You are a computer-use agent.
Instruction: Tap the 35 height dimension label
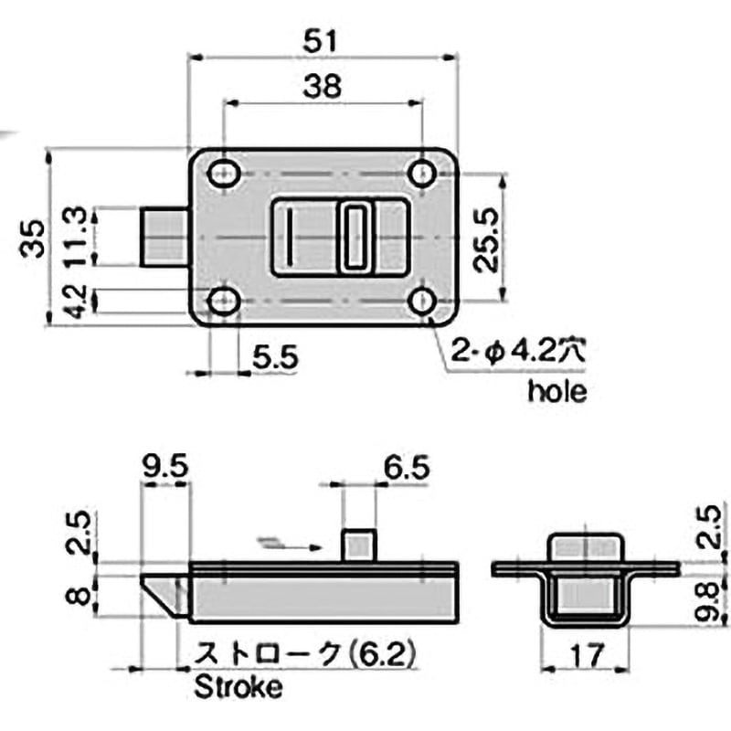point(33,238)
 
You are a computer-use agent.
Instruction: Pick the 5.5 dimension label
point(276,358)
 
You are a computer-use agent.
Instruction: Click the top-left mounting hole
point(222,174)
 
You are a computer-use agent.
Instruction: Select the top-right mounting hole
point(421,174)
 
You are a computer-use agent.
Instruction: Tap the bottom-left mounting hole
point(222,301)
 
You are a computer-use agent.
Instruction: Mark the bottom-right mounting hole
point(421,301)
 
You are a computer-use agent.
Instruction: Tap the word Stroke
point(238,687)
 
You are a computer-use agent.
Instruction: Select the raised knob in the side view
point(359,546)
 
